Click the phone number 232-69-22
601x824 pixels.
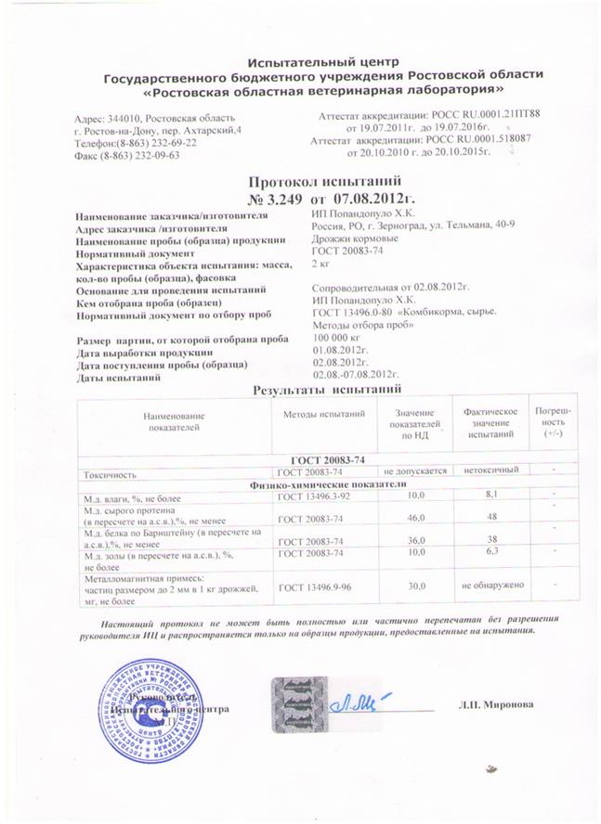(x=167, y=145)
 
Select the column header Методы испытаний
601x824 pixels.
(x=323, y=413)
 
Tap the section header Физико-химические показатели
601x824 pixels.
(x=324, y=484)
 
